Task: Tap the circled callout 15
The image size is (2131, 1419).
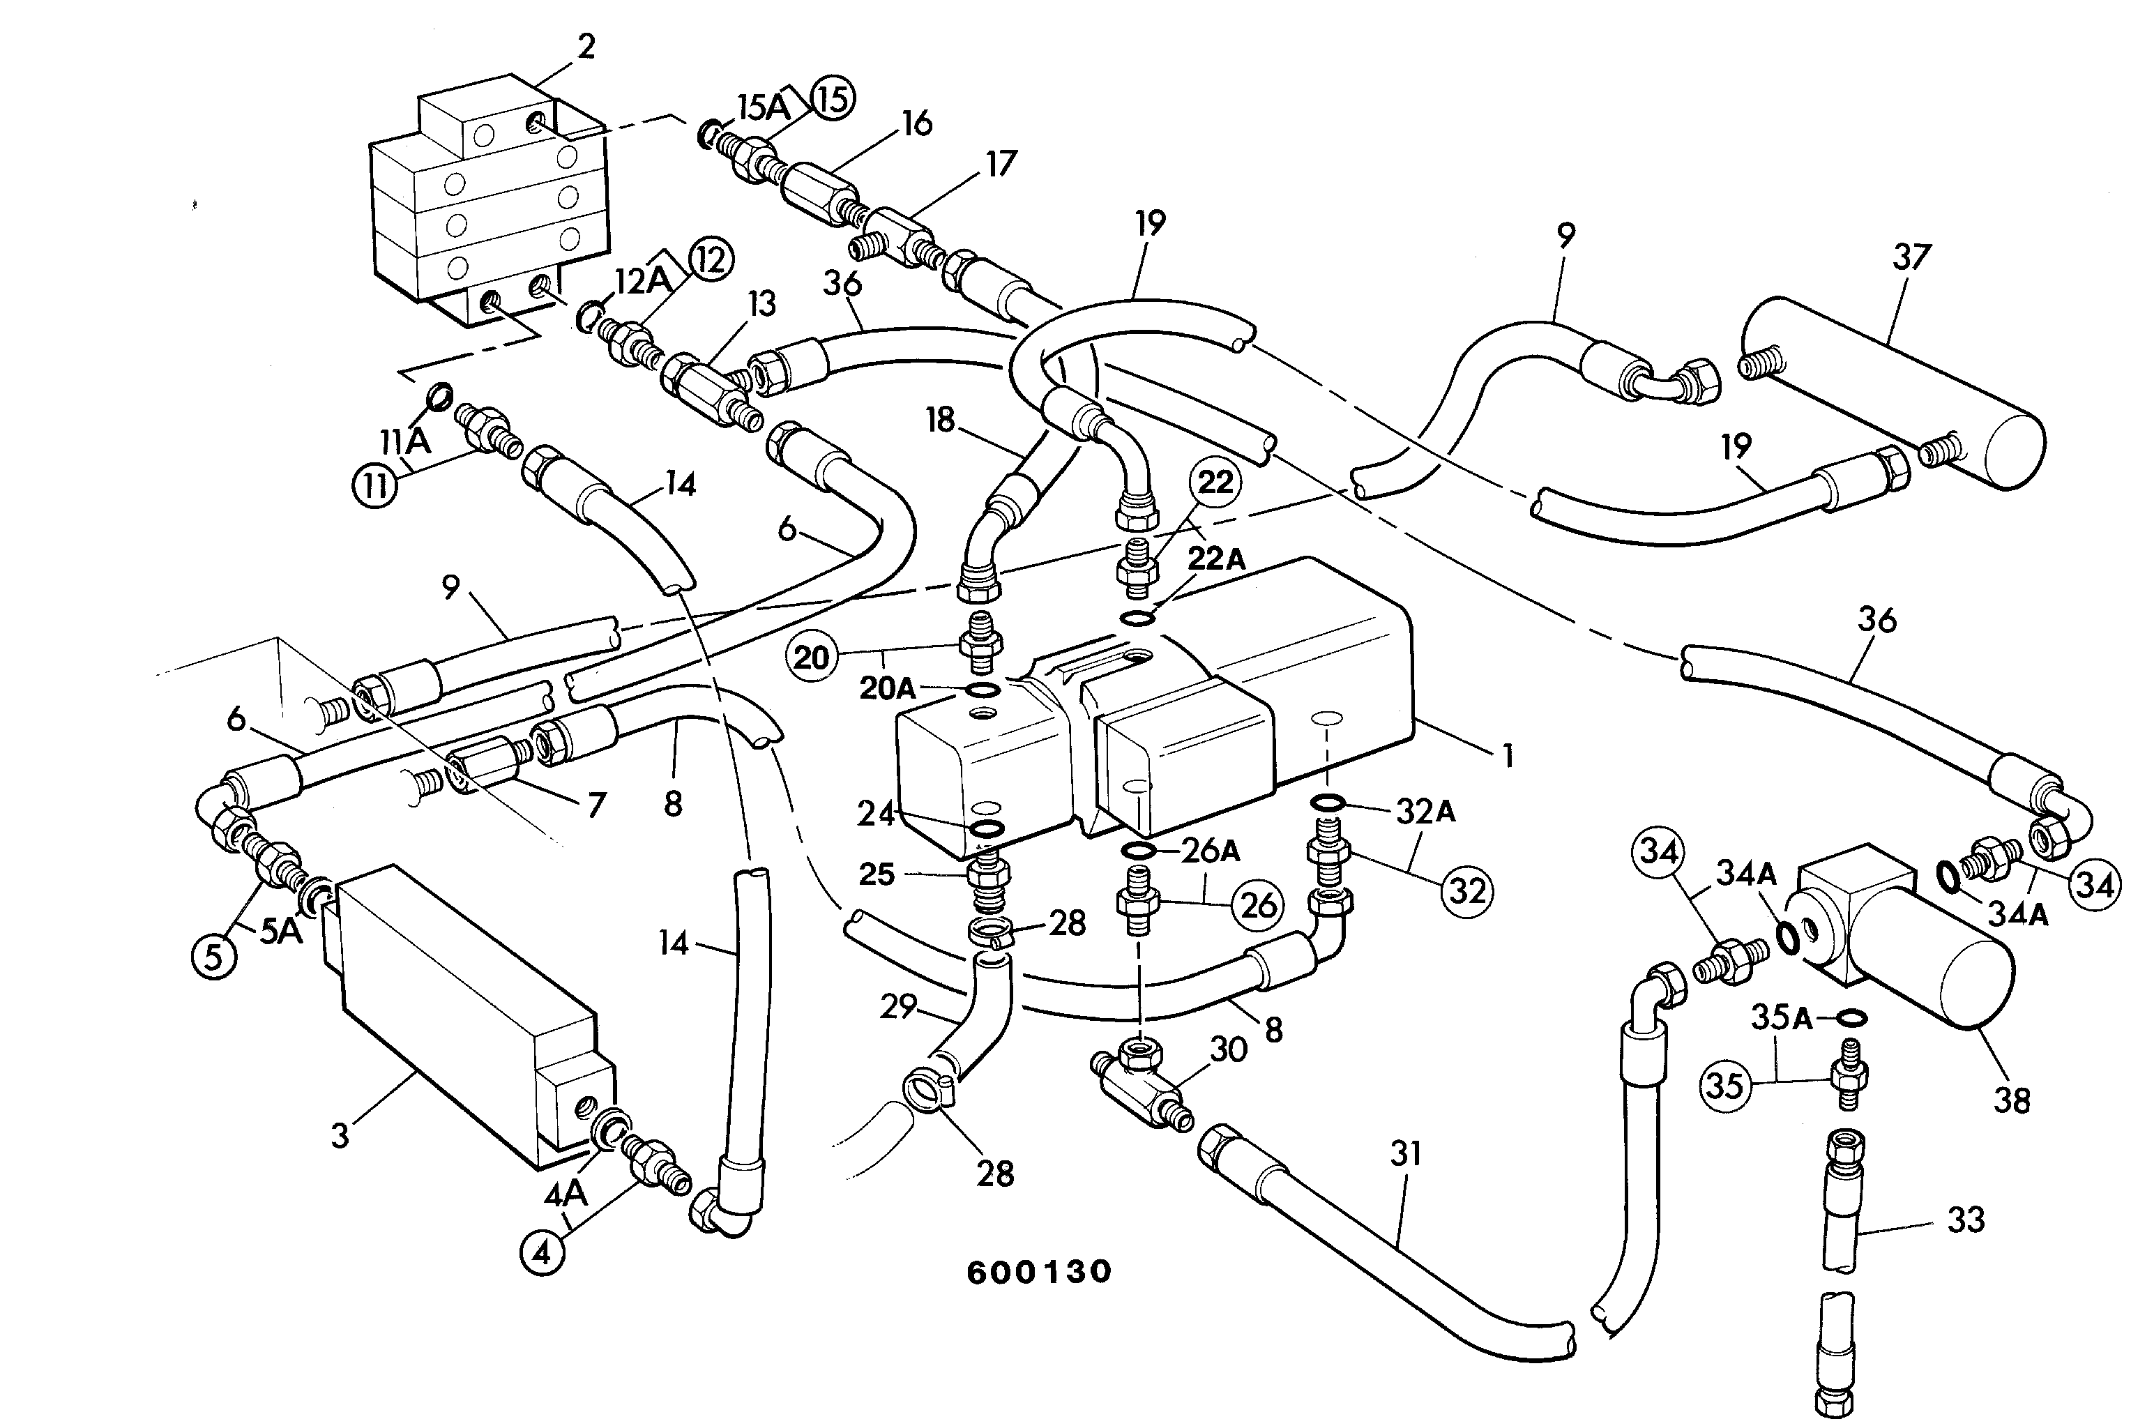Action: [832, 100]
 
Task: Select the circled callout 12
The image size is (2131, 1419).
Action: [711, 261]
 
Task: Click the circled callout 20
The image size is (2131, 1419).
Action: [811, 657]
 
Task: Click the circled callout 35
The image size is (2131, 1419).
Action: [1723, 1084]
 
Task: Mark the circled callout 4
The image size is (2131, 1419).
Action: [542, 1253]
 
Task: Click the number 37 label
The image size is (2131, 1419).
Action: [1911, 258]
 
